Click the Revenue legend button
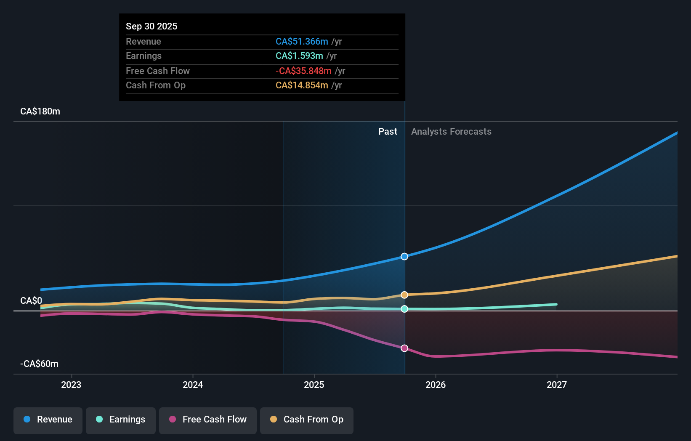coord(48,420)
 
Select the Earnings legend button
coord(121,420)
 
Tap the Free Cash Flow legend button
coord(208,420)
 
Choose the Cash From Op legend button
coord(307,420)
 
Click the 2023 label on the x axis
coord(71,385)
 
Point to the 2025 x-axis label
coord(314,385)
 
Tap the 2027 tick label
coord(556,385)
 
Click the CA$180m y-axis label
coord(40,112)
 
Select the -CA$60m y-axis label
coord(40,364)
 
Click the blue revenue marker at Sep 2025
coord(404,257)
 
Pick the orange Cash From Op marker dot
coord(404,295)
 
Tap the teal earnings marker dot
coord(404,309)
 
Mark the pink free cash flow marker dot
coord(404,348)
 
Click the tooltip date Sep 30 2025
coord(151,26)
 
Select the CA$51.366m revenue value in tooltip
coord(302,42)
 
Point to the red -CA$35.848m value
coord(303,71)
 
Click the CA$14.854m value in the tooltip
coord(302,85)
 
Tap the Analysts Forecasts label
coord(451,132)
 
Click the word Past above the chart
coord(388,132)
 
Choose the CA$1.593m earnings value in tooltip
coord(299,56)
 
